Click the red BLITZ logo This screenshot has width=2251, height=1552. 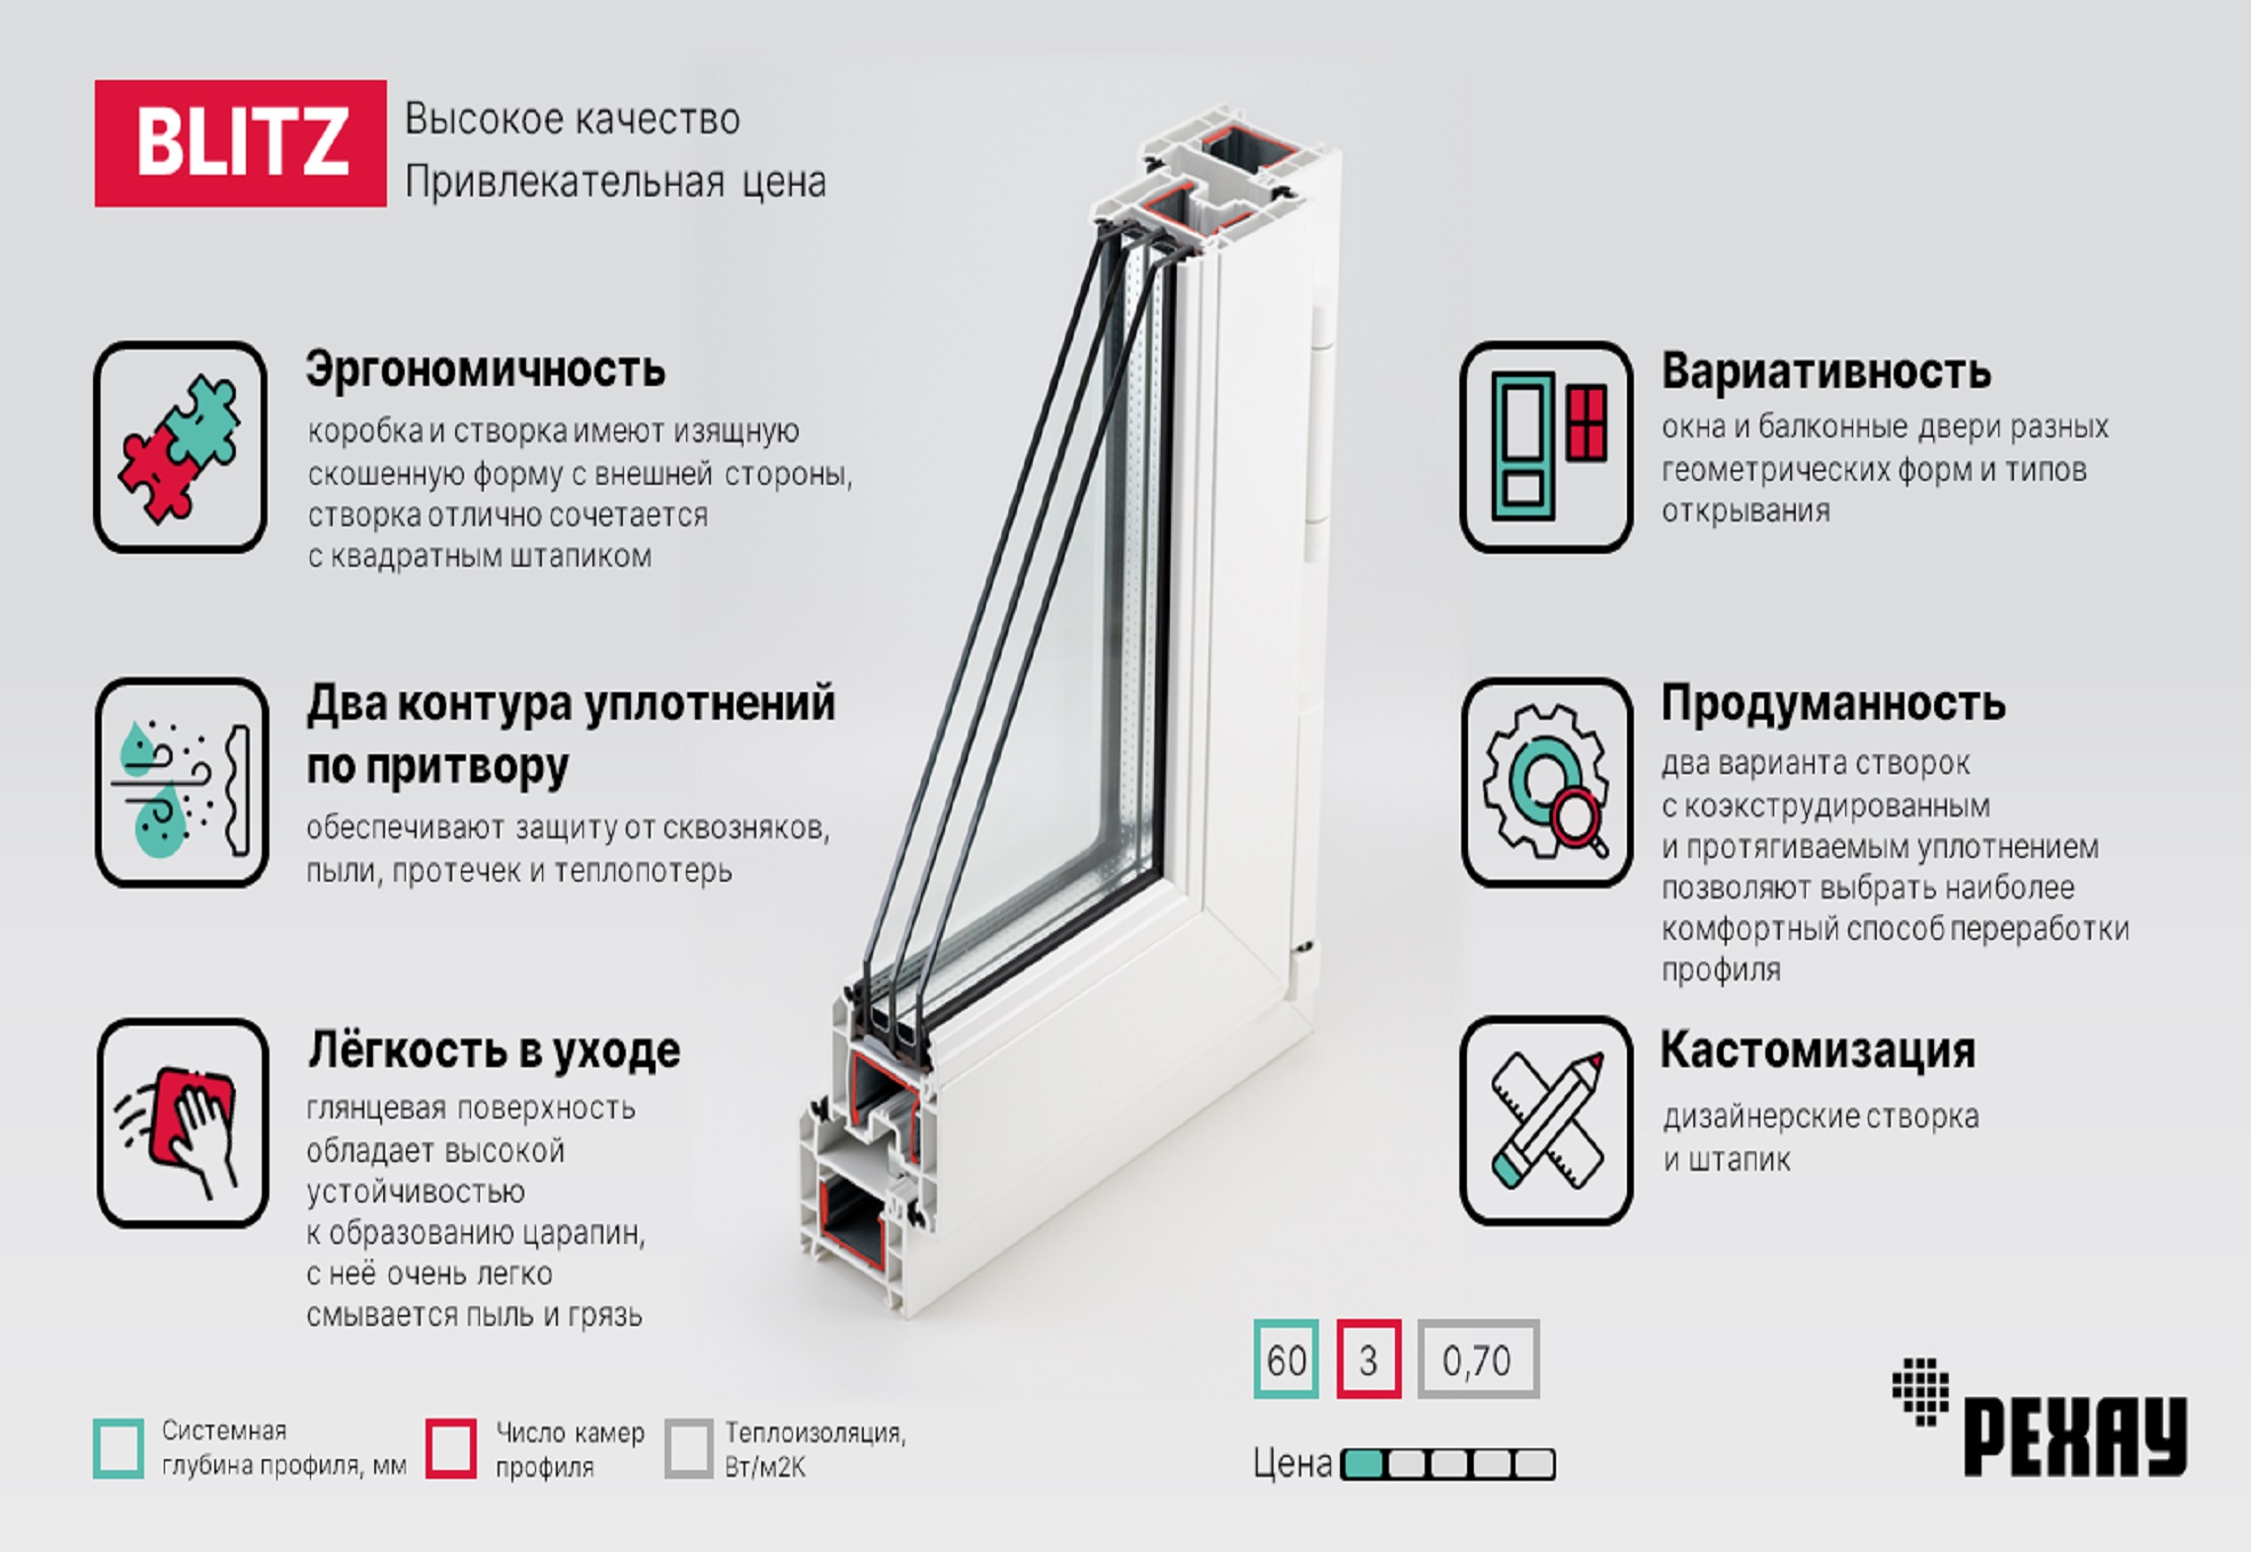[240, 143]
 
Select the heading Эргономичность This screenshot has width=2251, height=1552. [485, 370]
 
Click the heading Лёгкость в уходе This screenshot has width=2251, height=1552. [494, 1050]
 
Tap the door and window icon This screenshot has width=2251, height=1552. [1546, 446]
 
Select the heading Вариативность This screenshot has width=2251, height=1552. [1825, 371]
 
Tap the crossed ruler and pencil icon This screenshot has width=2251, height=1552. [1546, 1121]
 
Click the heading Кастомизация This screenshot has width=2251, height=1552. [1818, 1050]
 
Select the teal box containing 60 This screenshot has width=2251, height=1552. [1286, 1358]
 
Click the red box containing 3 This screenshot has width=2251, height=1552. [1368, 1358]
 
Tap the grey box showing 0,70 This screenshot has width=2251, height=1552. [1478, 1358]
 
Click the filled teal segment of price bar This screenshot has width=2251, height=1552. [1364, 1464]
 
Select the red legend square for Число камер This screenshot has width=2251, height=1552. [451, 1448]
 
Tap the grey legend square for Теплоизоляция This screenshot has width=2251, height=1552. [688, 1448]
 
